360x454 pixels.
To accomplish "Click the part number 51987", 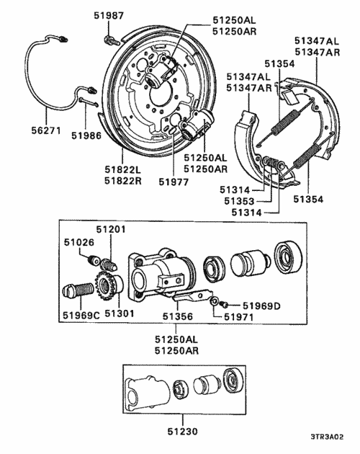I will (x=109, y=15).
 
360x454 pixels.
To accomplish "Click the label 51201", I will (x=112, y=228).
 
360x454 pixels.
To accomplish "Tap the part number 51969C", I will (x=80, y=313).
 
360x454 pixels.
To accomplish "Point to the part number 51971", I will (x=238, y=316).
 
